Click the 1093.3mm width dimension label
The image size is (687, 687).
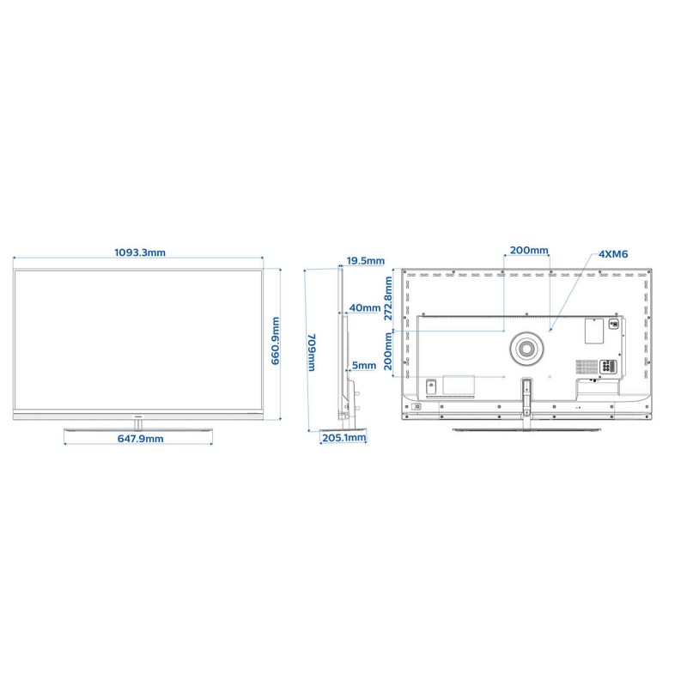pyautogui.click(x=140, y=252)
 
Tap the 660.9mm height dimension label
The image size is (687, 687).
pyautogui.click(x=275, y=341)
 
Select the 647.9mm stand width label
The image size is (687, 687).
pyautogui.click(x=140, y=439)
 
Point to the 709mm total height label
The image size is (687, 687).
pyautogui.click(x=312, y=352)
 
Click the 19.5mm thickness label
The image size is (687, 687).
pyautogui.click(x=366, y=261)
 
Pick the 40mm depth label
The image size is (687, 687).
pyautogui.click(x=364, y=308)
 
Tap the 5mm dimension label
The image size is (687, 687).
pyautogui.click(x=363, y=366)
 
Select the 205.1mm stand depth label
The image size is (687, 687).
pyautogui.click(x=344, y=438)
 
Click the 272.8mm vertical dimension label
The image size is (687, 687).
pyautogui.click(x=388, y=298)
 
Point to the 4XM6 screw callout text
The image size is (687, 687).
pyautogui.click(x=613, y=254)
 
